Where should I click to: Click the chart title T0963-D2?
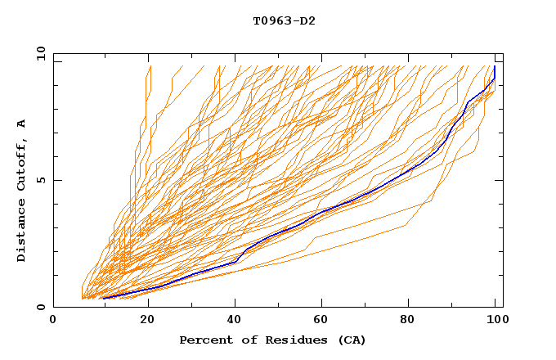[284, 20]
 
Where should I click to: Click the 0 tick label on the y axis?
[41, 308]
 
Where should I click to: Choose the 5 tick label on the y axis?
[41, 180]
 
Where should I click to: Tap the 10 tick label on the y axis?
[38, 53]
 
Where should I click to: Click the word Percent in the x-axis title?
[203, 340]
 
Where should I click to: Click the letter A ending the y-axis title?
[22, 123]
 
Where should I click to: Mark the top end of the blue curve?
[495, 67]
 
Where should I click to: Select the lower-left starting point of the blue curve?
[103, 298]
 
